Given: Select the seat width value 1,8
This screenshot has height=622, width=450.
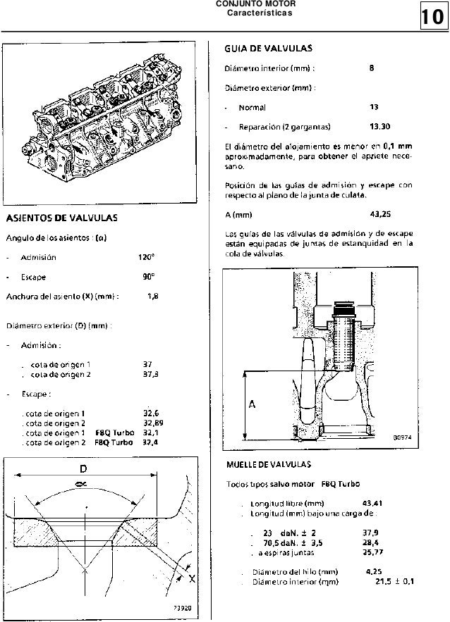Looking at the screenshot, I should (x=152, y=297).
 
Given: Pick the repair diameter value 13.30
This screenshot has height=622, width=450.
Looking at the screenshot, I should (x=379, y=127).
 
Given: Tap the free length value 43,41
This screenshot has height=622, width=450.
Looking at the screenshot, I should (x=372, y=503).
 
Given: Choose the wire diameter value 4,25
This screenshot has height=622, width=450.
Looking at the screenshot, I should (x=374, y=572).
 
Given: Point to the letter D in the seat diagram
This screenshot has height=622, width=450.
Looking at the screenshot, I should (x=83, y=468).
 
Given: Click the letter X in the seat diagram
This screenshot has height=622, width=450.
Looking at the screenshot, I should (x=193, y=578).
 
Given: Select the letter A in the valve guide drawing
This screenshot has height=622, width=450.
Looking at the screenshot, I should (x=251, y=404).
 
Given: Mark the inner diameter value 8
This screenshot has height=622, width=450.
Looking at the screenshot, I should (x=372, y=68).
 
